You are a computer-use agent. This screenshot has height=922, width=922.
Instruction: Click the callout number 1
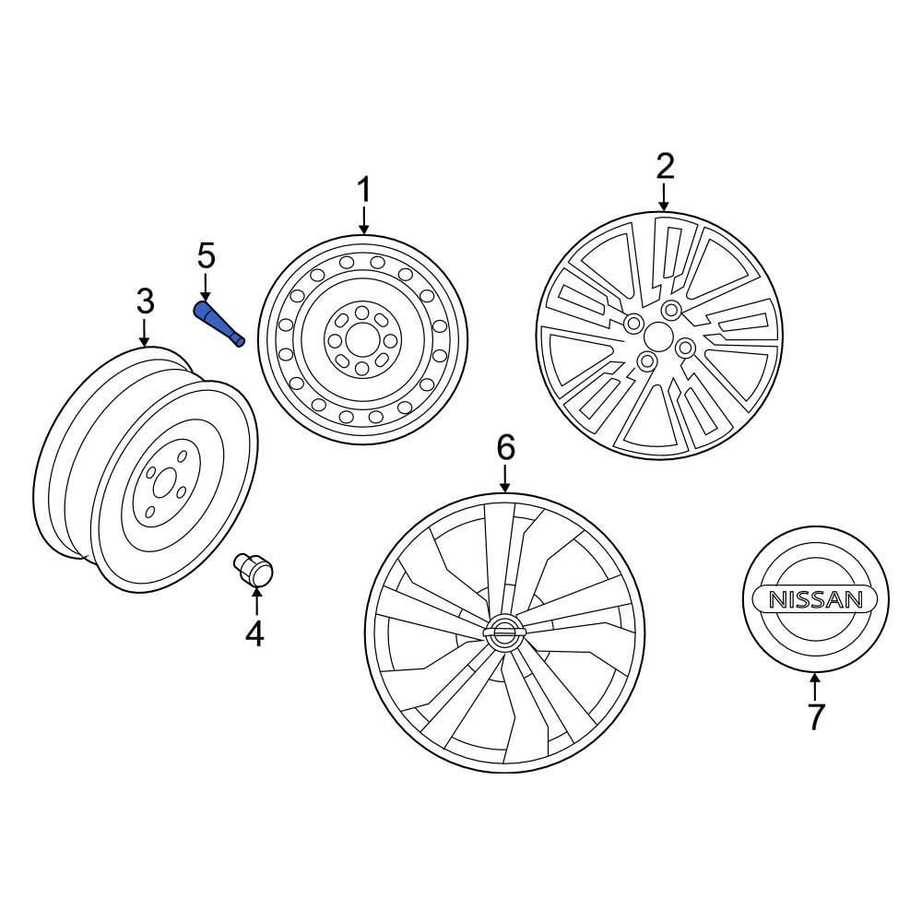coord(363,191)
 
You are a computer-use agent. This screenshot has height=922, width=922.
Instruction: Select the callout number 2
coord(665,167)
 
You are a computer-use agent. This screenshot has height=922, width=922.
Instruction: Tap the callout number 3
coord(145,301)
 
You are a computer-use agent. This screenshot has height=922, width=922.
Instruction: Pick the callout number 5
coord(205,254)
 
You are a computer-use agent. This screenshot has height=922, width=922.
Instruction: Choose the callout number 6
coord(504,447)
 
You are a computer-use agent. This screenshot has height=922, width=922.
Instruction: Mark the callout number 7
coord(815,715)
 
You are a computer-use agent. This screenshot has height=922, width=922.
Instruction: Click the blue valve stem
coord(219,323)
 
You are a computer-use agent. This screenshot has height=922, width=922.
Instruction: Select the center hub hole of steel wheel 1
coord(361,340)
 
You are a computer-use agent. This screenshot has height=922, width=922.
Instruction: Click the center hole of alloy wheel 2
coord(659,335)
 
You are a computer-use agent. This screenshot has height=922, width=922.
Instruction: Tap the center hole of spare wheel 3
coord(164,482)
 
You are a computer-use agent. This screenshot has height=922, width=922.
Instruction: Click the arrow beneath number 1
coord(363,221)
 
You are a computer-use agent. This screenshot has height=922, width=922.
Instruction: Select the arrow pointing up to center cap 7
coord(815,686)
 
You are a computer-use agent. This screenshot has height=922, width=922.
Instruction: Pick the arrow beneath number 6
coord(504,478)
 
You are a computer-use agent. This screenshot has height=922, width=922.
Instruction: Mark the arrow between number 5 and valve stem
coord(205,285)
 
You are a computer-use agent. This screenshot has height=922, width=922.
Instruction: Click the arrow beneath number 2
coord(665,196)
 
